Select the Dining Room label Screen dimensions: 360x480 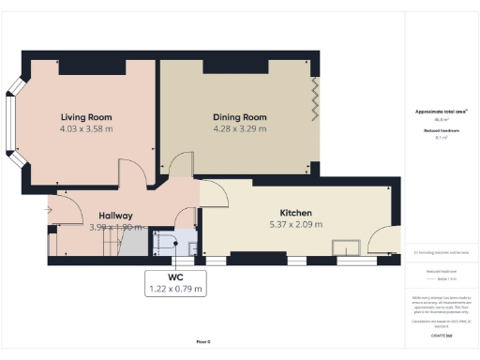tap(239, 117)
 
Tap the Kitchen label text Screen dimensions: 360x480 tap(295, 213)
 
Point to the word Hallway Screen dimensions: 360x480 tap(111, 215)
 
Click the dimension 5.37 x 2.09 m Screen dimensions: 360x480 tap(295, 225)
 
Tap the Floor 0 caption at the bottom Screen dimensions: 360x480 tap(203, 341)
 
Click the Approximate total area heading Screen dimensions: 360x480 tap(441, 112)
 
